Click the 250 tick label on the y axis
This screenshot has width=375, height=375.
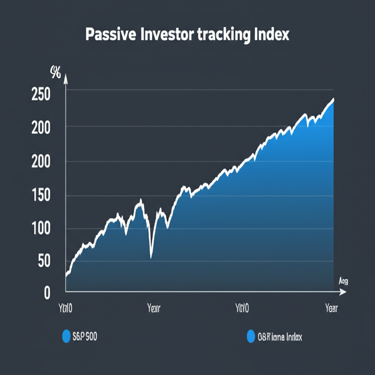tap(41, 95)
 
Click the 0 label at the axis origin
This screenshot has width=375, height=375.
tap(47, 293)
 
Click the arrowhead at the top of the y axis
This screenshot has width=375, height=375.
tap(66, 77)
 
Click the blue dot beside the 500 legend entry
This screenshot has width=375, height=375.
tap(66, 336)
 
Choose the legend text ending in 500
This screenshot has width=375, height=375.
tap(85, 336)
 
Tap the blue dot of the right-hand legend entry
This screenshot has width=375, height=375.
tap(251, 336)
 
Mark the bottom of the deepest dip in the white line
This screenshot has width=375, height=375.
tap(151, 257)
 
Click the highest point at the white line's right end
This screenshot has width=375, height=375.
tap(333, 99)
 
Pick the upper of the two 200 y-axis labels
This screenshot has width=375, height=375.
tap(41, 129)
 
